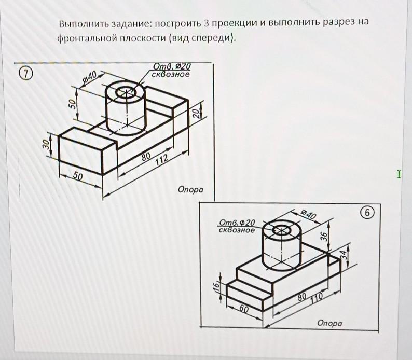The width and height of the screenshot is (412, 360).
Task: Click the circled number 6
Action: pos(367,213)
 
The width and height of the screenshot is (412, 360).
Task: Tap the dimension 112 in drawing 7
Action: pos(161,159)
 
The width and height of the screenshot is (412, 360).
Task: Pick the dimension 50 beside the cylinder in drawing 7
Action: pos(74,103)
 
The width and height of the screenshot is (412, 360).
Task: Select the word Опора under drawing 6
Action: pos(330,323)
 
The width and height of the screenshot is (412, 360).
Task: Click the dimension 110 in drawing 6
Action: pos(317,296)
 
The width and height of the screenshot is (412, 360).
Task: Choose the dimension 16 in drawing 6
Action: pos(218,287)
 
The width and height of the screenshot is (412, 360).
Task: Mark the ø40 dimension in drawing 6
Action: pos(308,214)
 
